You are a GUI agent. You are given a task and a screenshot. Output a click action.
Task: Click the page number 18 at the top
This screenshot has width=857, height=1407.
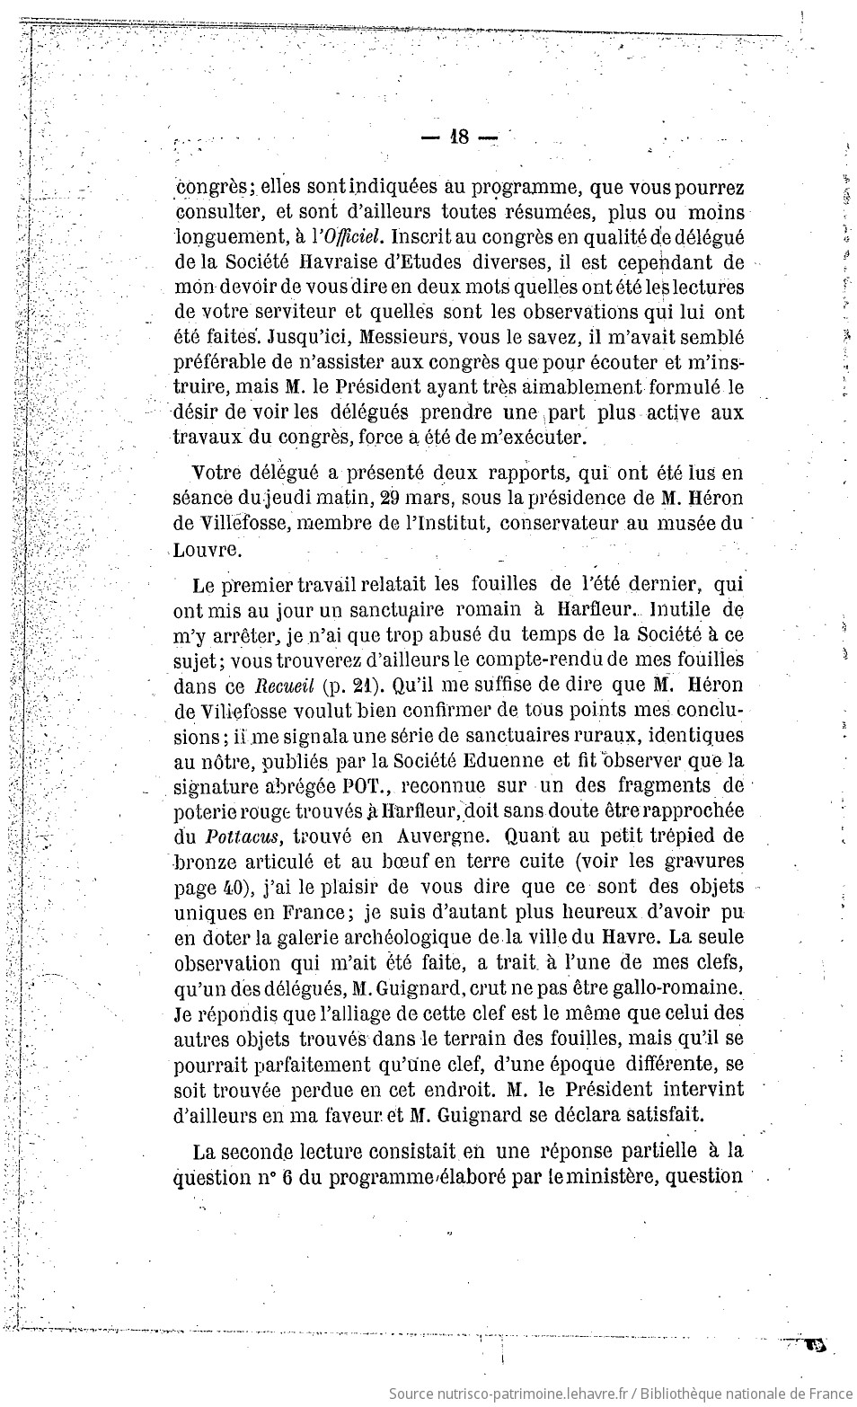pyautogui.click(x=458, y=137)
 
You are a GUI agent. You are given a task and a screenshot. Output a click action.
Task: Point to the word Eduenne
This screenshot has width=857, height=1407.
pyautogui.click(x=503, y=760)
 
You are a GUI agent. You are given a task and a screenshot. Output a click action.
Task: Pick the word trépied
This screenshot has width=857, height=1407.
pyautogui.click(x=675, y=836)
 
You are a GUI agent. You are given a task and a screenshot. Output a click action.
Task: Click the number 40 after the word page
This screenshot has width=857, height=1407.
pyautogui.click(x=231, y=887)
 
